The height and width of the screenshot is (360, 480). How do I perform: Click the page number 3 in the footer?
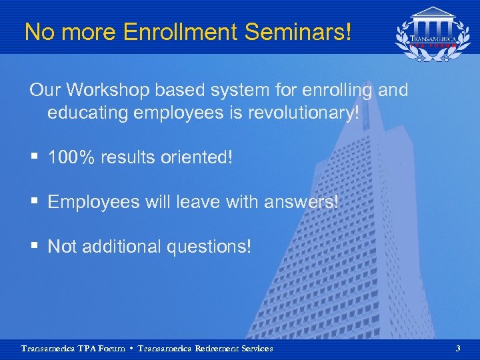coord(457,348)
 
